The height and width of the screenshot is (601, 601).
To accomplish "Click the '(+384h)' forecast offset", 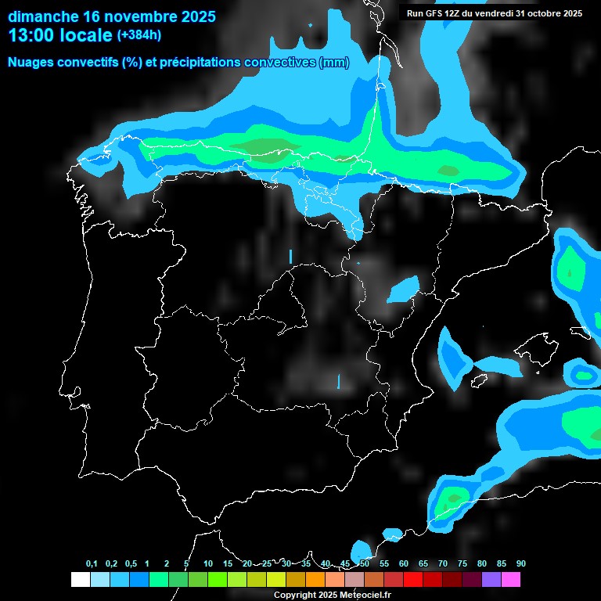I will (139, 35).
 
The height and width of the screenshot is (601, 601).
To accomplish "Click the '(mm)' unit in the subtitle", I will (334, 63).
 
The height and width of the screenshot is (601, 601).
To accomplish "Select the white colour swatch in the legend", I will (80, 579).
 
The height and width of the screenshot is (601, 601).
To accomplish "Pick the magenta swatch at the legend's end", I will (511, 579).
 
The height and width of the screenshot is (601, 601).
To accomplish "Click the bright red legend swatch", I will (413, 579).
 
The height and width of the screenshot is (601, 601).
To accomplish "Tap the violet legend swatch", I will (491, 579).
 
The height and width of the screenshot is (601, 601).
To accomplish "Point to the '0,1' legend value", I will (92, 564).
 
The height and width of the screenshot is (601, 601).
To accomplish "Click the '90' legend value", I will (520, 564).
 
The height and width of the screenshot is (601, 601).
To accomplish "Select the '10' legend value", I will (207, 564).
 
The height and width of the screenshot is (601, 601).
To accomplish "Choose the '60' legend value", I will (403, 564).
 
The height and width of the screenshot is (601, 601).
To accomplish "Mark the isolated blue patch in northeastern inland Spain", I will (405, 290).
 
